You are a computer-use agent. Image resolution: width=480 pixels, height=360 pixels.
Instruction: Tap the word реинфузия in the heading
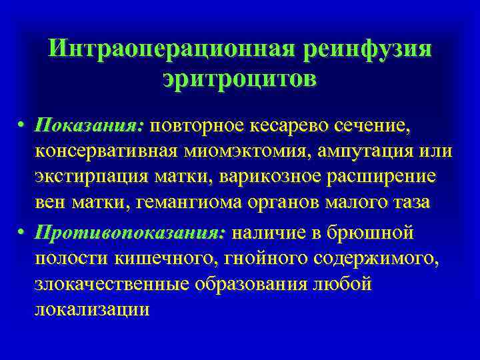(x=366, y=50)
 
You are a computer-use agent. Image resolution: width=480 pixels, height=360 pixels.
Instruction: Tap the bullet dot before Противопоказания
(x=22, y=233)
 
